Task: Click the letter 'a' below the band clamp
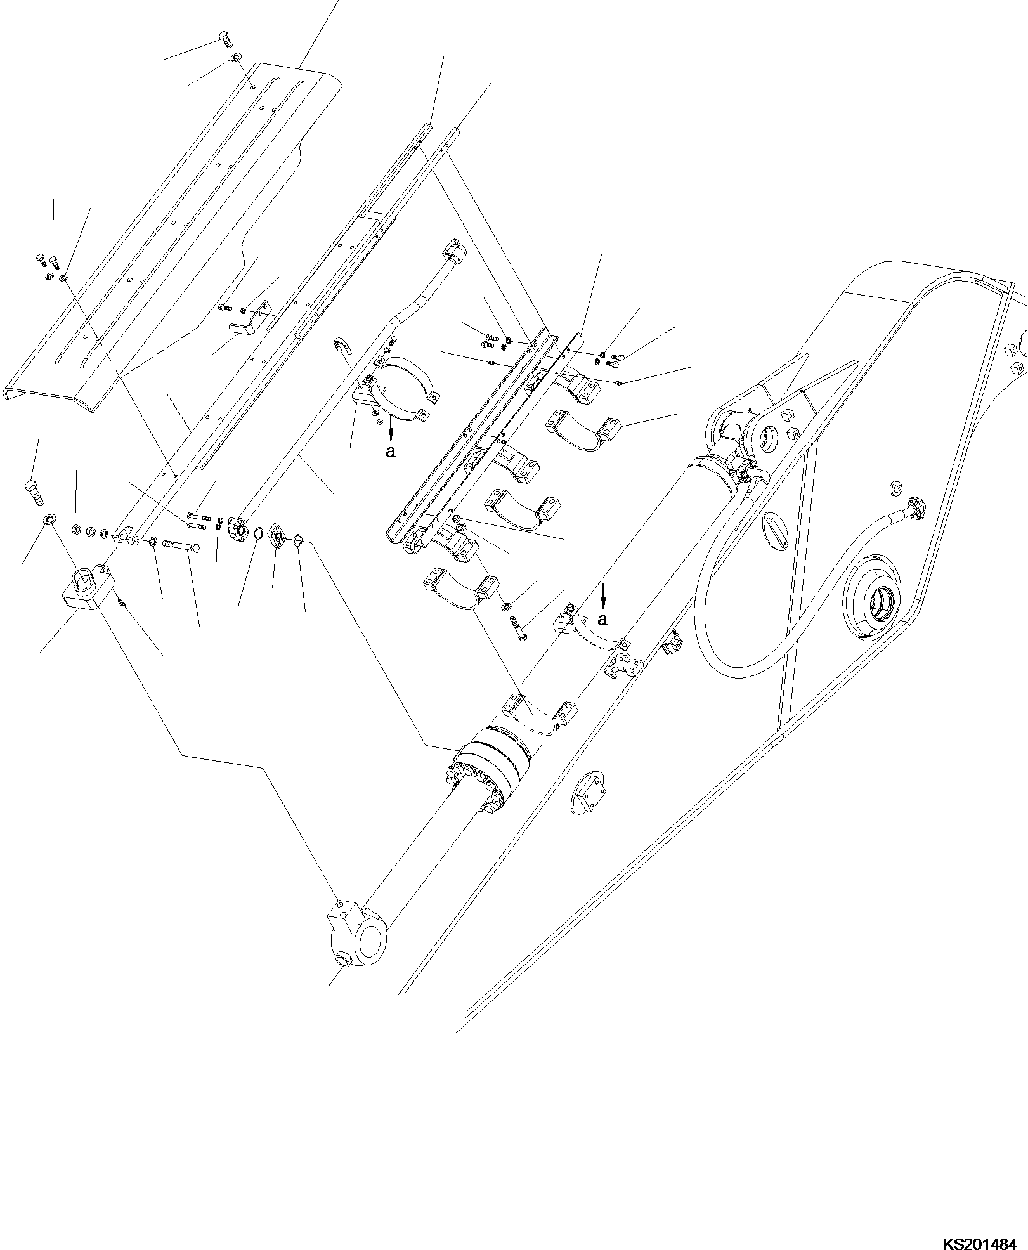(x=391, y=452)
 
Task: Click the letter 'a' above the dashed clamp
(x=603, y=618)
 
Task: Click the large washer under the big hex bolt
(x=48, y=521)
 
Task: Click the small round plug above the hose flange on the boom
(x=896, y=488)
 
